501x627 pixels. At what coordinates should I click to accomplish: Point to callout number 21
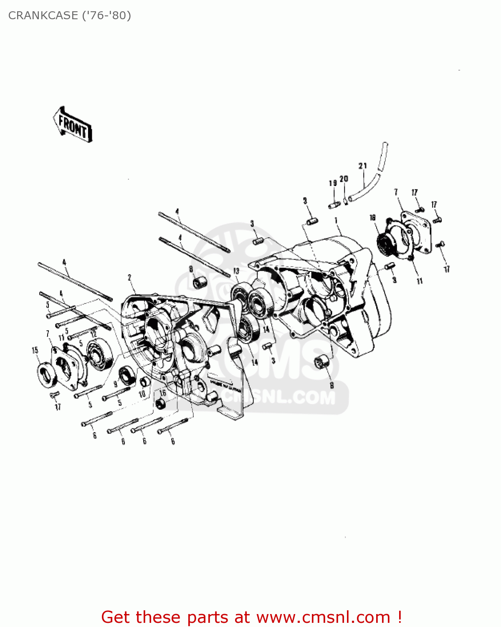coord(362,166)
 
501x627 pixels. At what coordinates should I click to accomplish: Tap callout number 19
coord(333,183)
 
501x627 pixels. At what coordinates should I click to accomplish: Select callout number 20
coord(344,179)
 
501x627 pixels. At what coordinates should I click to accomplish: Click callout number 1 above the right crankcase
coord(336,220)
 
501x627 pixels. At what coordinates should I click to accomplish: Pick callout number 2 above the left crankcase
coord(129,278)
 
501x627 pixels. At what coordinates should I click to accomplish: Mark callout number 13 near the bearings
coord(236,271)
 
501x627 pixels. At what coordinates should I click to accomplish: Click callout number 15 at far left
coord(35,350)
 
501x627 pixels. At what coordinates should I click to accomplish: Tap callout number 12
coord(94,334)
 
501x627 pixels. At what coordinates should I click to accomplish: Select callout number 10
coord(142,394)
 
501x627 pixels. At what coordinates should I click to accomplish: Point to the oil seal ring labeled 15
coord(47,374)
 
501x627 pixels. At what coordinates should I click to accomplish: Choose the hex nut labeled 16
coord(160,404)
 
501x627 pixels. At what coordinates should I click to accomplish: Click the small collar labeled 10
coord(145,382)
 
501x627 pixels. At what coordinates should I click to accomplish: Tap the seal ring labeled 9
coord(126,375)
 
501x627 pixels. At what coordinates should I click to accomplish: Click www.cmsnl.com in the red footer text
coord(323,617)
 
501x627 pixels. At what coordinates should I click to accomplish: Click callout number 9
coord(116,383)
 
